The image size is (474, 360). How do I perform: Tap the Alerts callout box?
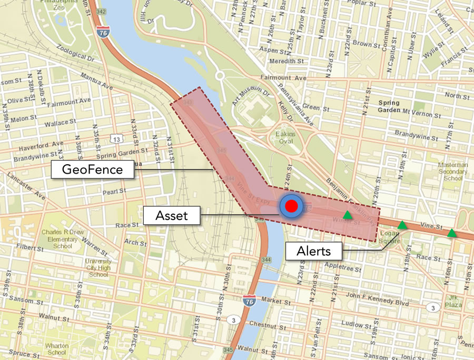pos(313,251)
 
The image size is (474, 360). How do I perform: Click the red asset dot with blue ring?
pos(291,206)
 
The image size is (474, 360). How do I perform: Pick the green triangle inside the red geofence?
pos(347,215)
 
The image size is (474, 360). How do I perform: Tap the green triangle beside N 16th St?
pos(452,233)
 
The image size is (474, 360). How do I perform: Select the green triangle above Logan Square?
pos(402,225)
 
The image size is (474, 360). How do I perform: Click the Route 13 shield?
pos(116,139)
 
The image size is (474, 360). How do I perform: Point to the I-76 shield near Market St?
pos(250,301)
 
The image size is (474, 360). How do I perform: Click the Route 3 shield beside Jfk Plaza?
pos(433,307)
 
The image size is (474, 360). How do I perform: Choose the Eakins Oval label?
pos(285,138)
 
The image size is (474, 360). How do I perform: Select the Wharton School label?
pos(57,349)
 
